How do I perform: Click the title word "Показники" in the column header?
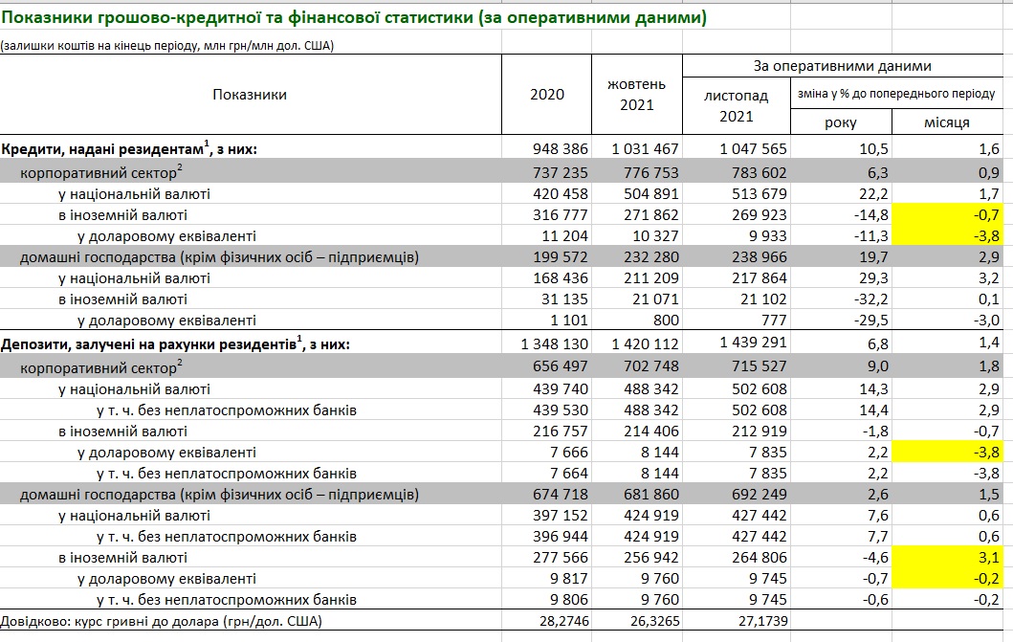point(250,94)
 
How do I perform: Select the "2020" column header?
point(547,94)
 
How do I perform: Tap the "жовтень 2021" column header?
point(636,94)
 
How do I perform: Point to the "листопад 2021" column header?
point(736,106)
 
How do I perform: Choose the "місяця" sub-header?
point(947,122)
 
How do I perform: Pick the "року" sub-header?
point(841,122)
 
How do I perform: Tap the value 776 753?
point(650,172)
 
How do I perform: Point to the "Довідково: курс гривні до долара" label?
point(162,622)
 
